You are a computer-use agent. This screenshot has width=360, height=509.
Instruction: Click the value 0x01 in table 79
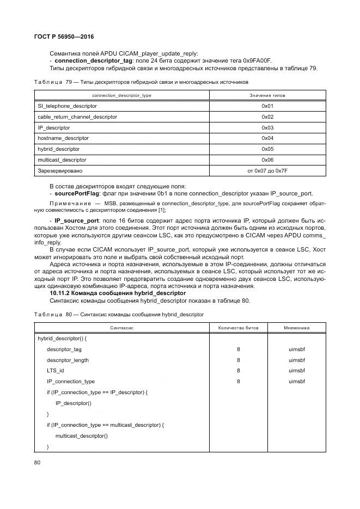pos(267,106)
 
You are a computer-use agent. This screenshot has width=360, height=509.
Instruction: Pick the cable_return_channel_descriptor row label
pos(77,117)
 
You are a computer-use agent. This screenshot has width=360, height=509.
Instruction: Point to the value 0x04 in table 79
pos(267,138)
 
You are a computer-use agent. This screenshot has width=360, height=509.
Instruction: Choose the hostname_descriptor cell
pos(63,138)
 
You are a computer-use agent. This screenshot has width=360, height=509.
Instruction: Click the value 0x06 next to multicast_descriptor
pos(267,160)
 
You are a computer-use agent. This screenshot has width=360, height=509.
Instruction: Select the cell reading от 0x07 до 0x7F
pos(267,170)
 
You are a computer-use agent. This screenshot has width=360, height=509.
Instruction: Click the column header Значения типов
pos(267,95)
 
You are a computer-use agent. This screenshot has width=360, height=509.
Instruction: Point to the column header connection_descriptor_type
pos(121,95)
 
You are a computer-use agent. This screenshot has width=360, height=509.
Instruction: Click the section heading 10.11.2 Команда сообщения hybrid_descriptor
pos(118,293)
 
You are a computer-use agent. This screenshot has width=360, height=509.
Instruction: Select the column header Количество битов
pos(239,328)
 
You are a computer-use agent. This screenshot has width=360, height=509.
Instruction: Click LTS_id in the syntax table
pos(56,370)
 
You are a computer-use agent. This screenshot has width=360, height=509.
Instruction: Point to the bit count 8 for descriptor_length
pos(239,360)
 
